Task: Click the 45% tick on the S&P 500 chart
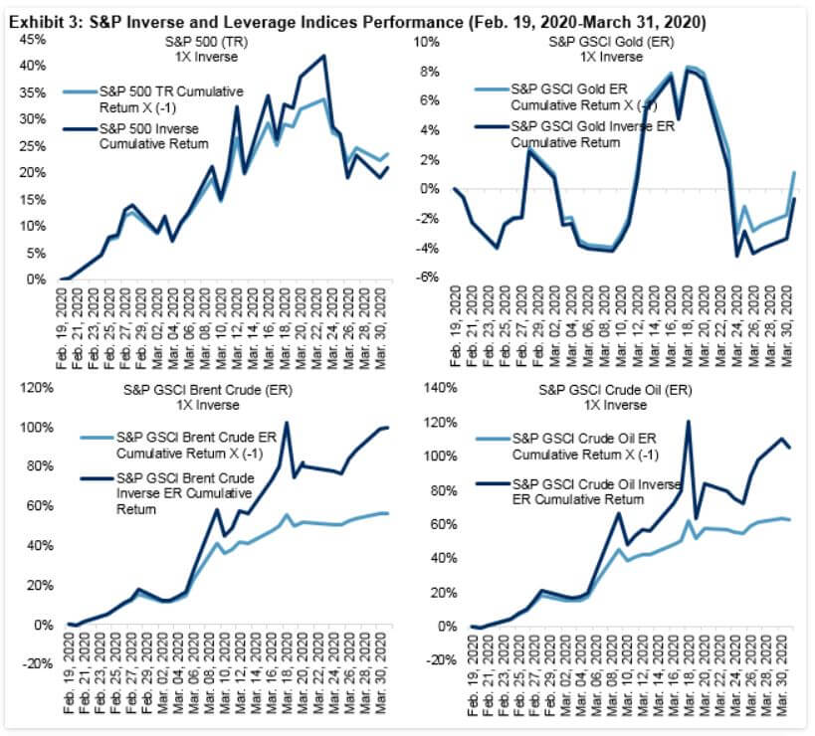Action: click(31, 40)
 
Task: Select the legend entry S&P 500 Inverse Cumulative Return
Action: click(154, 136)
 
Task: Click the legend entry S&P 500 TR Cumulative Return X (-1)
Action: click(155, 98)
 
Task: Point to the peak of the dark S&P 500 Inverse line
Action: click(324, 57)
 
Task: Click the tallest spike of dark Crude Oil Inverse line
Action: click(689, 422)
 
